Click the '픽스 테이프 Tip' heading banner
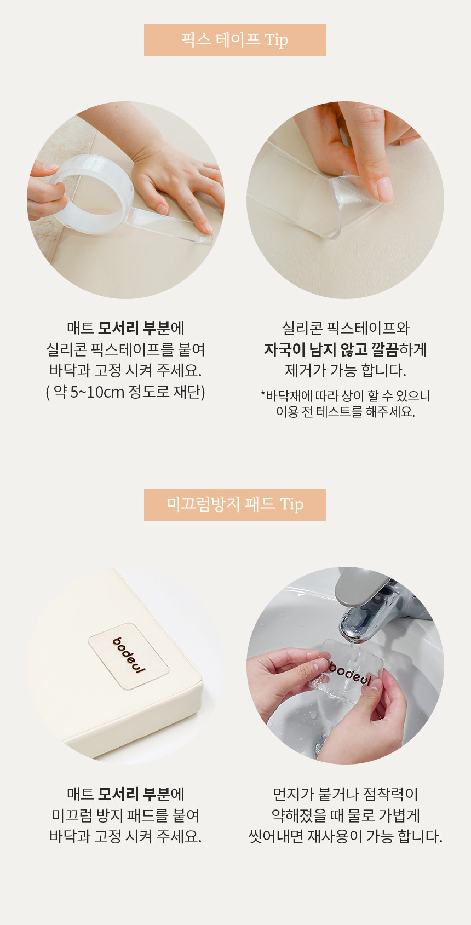(x=235, y=40)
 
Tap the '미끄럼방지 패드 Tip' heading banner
(x=235, y=504)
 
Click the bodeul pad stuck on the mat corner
(x=128, y=656)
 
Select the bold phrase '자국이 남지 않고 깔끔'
(x=331, y=349)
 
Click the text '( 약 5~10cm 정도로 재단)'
(x=125, y=392)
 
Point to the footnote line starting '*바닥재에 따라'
(x=346, y=395)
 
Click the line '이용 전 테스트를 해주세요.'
(x=346, y=411)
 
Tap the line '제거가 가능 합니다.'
(x=346, y=370)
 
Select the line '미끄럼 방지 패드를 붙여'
(x=125, y=815)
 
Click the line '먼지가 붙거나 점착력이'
(x=346, y=794)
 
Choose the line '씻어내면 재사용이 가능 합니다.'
(x=346, y=836)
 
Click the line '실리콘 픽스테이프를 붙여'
(x=125, y=349)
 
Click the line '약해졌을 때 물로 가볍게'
(x=346, y=815)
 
